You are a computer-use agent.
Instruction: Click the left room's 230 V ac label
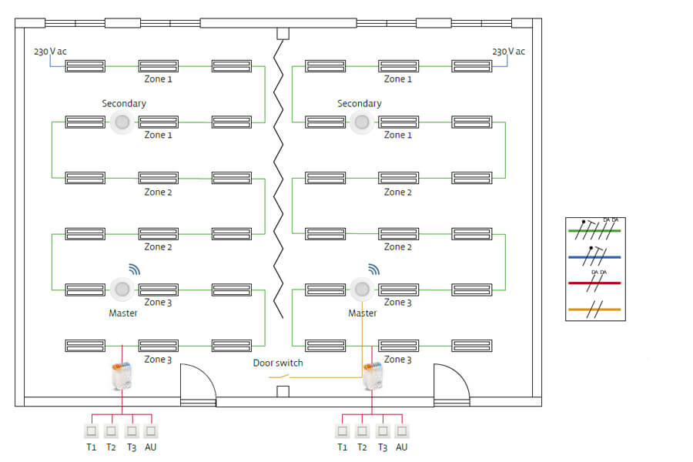tap(50, 52)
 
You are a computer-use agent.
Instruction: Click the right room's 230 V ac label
tap(508, 52)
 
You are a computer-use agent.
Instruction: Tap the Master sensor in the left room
tap(122, 290)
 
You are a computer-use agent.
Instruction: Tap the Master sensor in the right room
tap(362, 290)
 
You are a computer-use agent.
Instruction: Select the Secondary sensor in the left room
tap(122, 122)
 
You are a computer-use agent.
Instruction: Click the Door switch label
tap(278, 363)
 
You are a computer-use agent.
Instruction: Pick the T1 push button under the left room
tap(91, 431)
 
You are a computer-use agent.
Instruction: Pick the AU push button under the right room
tap(402, 431)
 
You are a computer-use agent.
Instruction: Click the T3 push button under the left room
tap(131, 431)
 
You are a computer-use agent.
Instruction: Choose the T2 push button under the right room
tap(363, 431)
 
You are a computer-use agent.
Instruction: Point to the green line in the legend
tap(594, 229)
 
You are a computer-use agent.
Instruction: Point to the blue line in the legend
tap(594, 256)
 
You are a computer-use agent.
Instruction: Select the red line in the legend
tap(594, 283)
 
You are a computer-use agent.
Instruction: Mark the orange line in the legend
tap(594, 309)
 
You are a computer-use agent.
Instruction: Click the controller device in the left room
tap(122, 376)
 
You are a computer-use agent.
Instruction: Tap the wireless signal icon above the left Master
tap(135, 269)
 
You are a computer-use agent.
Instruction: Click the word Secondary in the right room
tap(359, 103)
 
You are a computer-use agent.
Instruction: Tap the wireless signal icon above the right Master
tap(374, 269)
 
